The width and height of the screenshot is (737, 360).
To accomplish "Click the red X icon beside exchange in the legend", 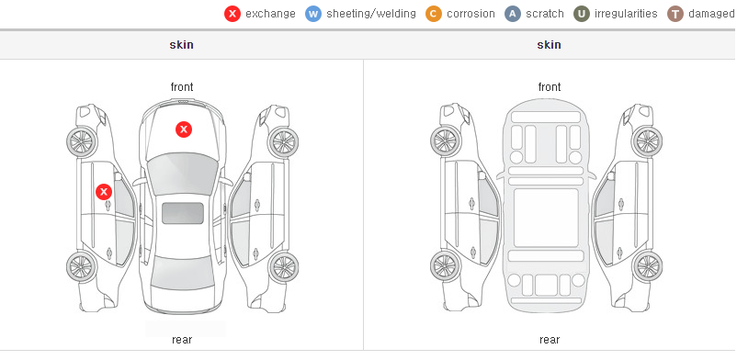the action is [232, 14].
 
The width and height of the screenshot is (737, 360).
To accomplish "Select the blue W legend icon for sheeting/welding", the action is [313, 14].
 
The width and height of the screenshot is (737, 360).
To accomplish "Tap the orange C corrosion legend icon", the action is [434, 14].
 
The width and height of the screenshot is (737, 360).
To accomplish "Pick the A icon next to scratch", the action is [513, 14].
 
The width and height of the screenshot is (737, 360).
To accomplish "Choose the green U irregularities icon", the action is [582, 14].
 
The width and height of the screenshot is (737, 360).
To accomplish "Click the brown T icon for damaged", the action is [675, 14].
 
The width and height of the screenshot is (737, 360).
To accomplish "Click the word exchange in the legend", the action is [270, 14].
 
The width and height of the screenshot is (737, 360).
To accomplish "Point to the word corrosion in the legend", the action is [471, 14].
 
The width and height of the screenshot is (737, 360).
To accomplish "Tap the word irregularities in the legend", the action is [626, 14].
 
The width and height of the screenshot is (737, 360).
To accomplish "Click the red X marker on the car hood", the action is [184, 129].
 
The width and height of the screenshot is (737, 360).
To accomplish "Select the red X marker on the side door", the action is [104, 192].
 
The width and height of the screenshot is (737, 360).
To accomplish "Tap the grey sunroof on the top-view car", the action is [183, 213].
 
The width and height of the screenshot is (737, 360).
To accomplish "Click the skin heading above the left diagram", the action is [181, 45].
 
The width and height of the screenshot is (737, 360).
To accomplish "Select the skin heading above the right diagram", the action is [549, 45].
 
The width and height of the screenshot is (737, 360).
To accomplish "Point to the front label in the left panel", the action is [182, 87].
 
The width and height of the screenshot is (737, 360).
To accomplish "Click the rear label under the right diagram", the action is [550, 340].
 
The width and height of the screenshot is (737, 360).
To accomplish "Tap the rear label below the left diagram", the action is [182, 340].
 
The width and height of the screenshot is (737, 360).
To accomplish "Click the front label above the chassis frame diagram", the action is [550, 87].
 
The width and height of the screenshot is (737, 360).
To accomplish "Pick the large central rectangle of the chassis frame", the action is [546, 218].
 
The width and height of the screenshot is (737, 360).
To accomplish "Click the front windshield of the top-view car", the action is [182, 174].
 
